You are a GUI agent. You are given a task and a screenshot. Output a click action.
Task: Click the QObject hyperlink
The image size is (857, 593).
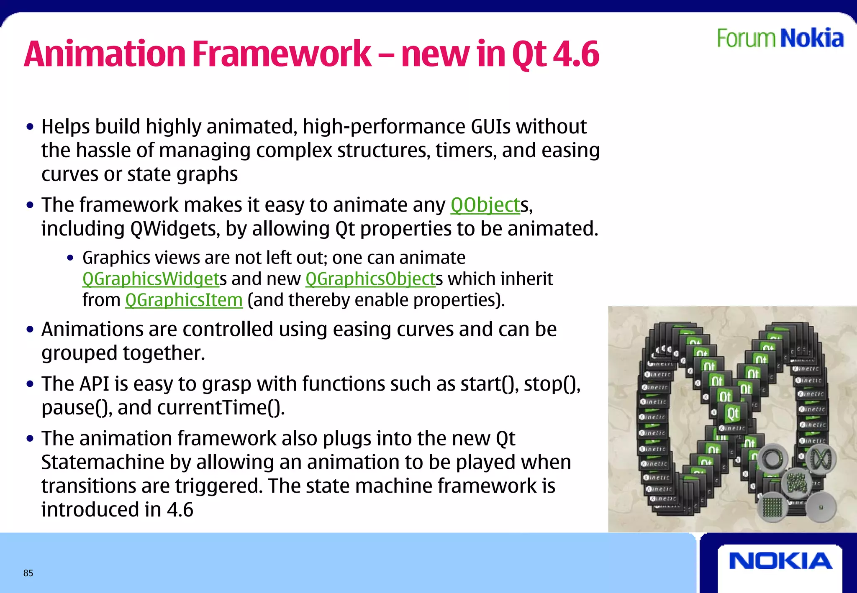485,205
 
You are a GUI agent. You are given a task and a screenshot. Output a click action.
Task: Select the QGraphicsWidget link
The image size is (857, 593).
151,279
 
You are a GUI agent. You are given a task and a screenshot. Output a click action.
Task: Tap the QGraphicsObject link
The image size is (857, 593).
370,279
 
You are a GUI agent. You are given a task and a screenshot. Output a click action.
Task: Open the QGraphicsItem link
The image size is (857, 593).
184,300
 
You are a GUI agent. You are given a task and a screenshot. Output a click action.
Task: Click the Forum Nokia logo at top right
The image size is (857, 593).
780,38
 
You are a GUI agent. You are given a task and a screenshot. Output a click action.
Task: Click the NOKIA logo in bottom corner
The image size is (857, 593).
780,561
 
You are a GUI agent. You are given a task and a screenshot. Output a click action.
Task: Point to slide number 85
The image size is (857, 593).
28,573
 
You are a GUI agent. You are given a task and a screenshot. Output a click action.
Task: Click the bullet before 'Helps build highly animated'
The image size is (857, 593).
30,127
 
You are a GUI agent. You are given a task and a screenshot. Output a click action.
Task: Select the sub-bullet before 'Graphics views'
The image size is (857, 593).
70,258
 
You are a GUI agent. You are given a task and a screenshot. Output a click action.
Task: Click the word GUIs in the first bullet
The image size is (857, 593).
490,127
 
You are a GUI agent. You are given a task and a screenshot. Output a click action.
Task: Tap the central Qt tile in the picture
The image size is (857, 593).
732,414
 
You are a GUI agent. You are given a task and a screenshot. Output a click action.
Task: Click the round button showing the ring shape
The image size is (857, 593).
772,459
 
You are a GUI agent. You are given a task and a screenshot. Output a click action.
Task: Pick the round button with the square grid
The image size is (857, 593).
772,507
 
